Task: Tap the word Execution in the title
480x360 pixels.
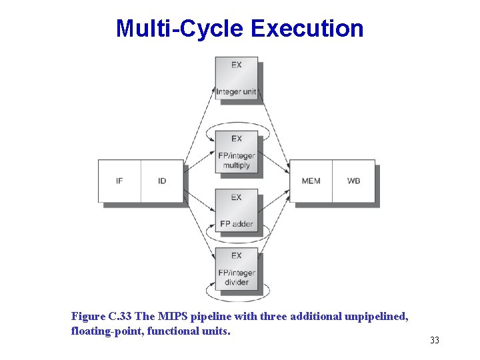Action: pyautogui.click(x=307, y=29)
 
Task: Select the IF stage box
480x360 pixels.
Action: pyautogui.click(x=119, y=181)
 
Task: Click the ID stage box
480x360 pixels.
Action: pyautogui.click(x=162, y=181)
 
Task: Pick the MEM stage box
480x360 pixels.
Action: pyautogui.click(x=311, y=181)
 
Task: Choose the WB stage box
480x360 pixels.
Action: pyautogui.click(x=353, y=181)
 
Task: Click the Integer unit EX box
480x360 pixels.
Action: pyautogui.click(x=236, y=78)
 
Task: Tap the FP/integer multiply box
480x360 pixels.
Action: pyautogui.click(x=236, y=152)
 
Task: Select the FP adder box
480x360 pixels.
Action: pyautogui.click(x=236, y=210)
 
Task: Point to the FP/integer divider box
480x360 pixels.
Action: pyautogui.click(x=236, y=269)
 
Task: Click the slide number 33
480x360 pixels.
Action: pyautogui.click(x=435, y=341)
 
